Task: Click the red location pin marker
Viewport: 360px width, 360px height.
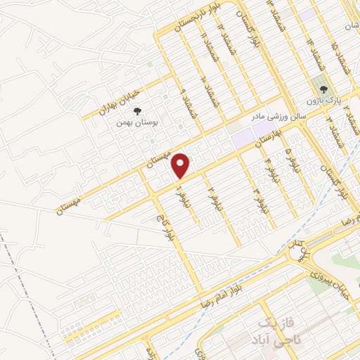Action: pos(181,165)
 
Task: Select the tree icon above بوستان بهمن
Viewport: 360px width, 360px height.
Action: pos(137,110)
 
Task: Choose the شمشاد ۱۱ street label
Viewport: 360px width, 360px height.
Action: pos(204,47)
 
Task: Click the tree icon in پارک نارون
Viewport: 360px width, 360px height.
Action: pos(323,89)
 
